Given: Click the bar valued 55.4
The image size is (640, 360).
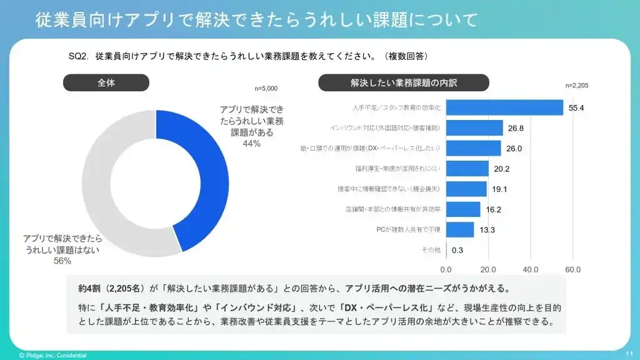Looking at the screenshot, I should [505, 107].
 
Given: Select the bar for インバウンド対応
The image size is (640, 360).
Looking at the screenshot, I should [474, 128].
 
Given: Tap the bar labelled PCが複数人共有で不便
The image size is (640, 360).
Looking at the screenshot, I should [460, 229].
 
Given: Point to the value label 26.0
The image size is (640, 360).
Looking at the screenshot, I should [514, 148].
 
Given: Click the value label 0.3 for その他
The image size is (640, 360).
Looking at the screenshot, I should [457, 250].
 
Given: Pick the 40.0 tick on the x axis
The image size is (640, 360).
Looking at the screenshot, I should [531, 269].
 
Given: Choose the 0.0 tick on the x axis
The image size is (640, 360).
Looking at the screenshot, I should [446, 269].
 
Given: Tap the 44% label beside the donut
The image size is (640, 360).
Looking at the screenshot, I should [251, 144].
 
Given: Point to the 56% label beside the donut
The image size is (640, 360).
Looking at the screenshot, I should [62, 261].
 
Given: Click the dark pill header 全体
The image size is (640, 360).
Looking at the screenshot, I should [106, 82].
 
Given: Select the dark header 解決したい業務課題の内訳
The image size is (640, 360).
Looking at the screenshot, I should [403, 82].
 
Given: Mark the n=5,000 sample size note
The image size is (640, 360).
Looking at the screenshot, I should [266, 89].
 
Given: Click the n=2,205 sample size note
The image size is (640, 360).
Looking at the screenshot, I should [576, 85].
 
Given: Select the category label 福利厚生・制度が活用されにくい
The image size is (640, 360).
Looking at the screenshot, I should [397, 169].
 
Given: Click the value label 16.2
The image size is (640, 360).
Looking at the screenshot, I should [493, 209].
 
